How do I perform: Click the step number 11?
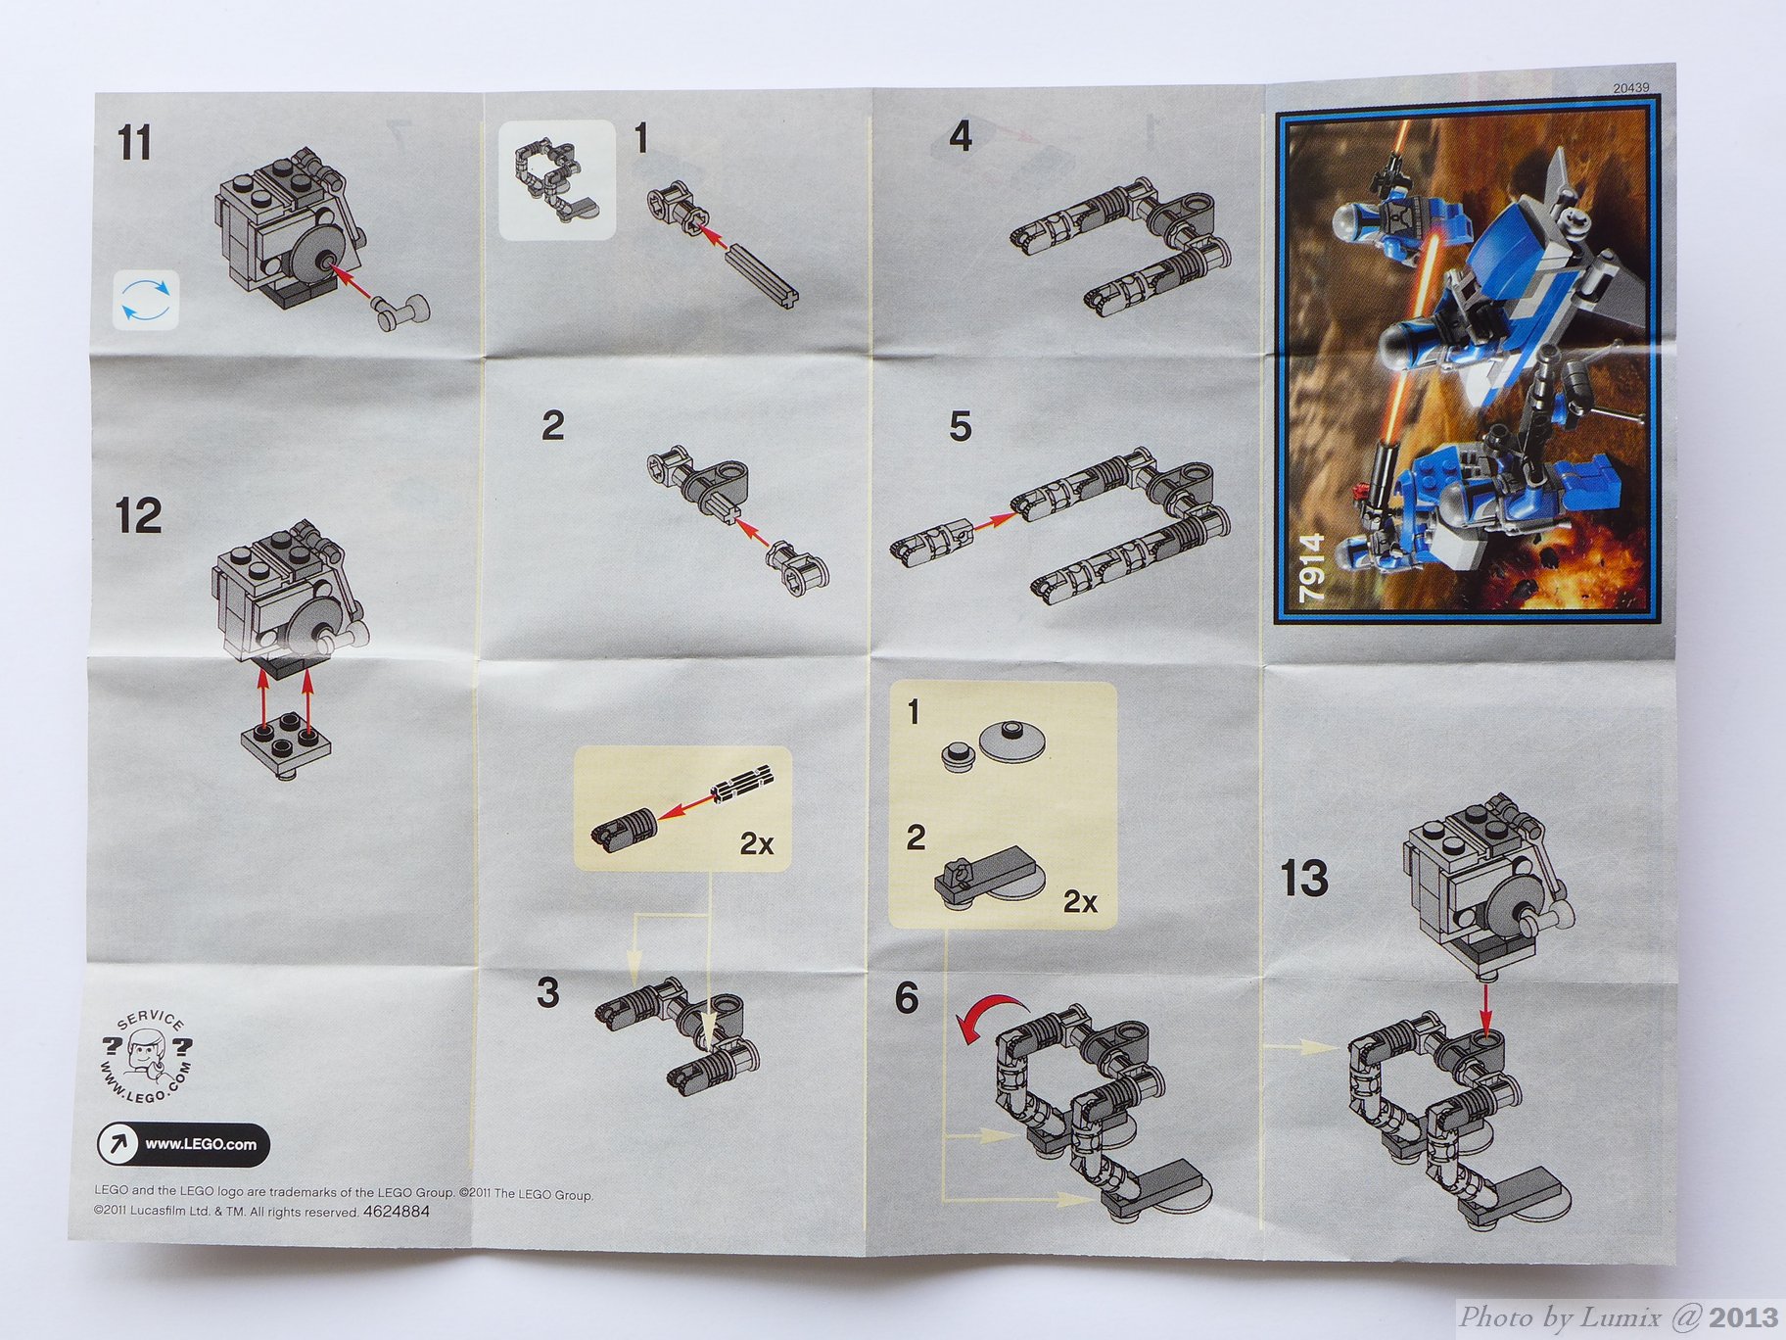[135, 143]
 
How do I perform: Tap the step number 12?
[138, 516]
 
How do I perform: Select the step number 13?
[1304, 878]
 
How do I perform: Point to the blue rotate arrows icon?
[147, 299]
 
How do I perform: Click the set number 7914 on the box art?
[1311, 567]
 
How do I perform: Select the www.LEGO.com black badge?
[183, 1144]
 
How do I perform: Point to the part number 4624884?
[396, 1212]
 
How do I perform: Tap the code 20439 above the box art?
[1630, 88]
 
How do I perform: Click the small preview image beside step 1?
[557, 180]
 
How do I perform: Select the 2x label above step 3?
[757, 843]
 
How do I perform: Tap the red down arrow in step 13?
[1485, 1009]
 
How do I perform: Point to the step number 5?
[960, 426]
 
